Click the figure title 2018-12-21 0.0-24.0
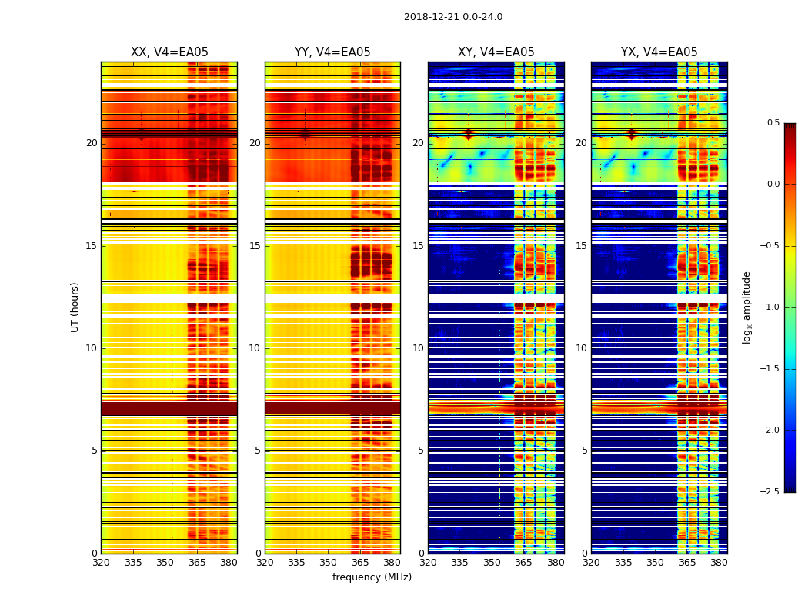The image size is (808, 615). [452, 17]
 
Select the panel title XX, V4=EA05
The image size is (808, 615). [169, 52]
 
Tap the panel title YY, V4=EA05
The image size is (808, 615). [332, 52]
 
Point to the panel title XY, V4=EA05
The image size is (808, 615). [496, 52]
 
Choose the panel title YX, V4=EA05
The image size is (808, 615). [659, 52]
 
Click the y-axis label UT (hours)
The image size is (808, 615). [75, 307]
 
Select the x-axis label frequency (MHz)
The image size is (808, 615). [372, 577]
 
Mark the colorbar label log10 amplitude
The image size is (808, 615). [746, 307]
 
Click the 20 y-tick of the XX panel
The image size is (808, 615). [92, 143]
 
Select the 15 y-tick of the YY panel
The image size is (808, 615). [255, 246]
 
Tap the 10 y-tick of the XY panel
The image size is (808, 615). [419, 348]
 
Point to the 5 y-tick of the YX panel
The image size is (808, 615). [584, 450]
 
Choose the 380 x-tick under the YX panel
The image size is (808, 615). [719, 562]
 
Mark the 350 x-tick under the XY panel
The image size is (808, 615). [492, 562]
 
